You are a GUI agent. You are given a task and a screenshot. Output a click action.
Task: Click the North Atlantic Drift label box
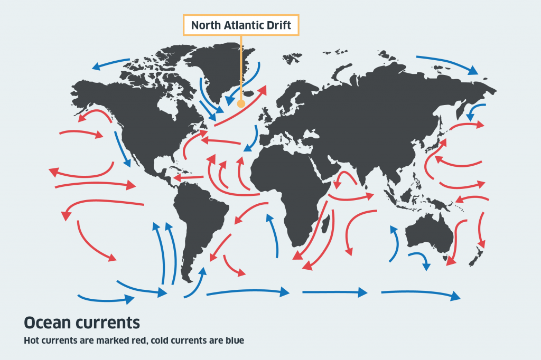pos(241,25)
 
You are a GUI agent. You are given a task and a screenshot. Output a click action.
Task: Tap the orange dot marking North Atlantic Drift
pos(241,103)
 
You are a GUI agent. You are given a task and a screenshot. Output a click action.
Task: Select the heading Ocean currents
pos(82,322)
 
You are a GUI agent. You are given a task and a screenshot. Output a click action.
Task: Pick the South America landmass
pos(201,216)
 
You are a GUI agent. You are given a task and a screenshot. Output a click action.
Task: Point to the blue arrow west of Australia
pos(394,243)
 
